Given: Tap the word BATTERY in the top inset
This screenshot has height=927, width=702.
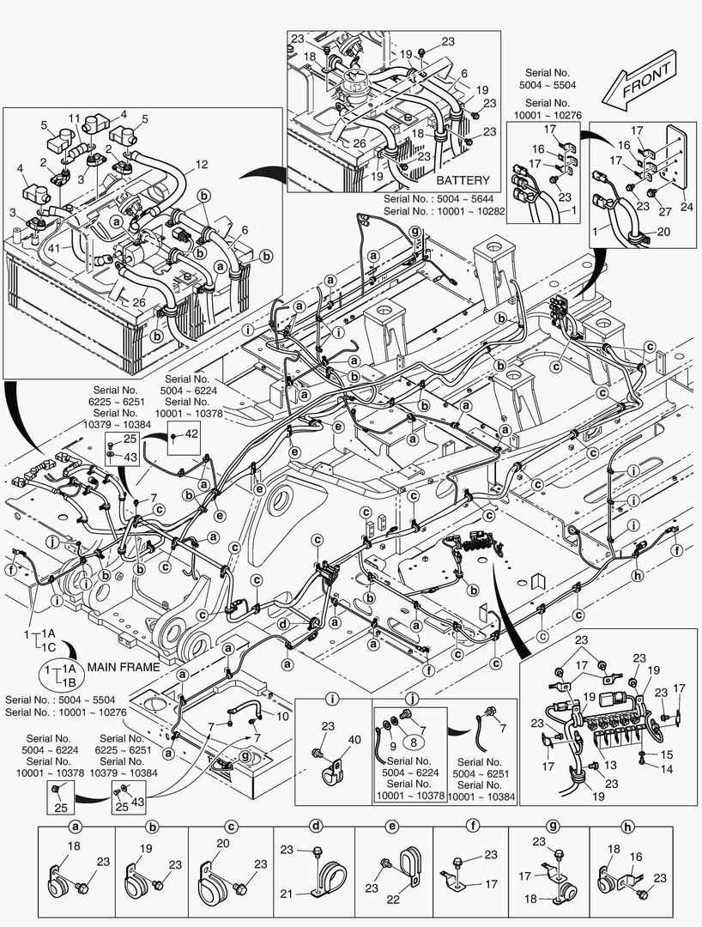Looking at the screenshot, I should pyautogui.click(x=463, y=181).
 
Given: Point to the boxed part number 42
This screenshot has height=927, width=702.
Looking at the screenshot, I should pyautogui.click(x=191, y=434).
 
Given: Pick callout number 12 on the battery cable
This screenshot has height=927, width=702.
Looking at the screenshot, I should pyautogui.click(x=201, y=164).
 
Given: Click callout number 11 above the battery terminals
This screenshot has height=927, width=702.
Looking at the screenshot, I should pyautogui.click(x=74, y=118).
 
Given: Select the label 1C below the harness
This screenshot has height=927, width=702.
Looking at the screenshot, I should pyautogui.click(x=51, y=645).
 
